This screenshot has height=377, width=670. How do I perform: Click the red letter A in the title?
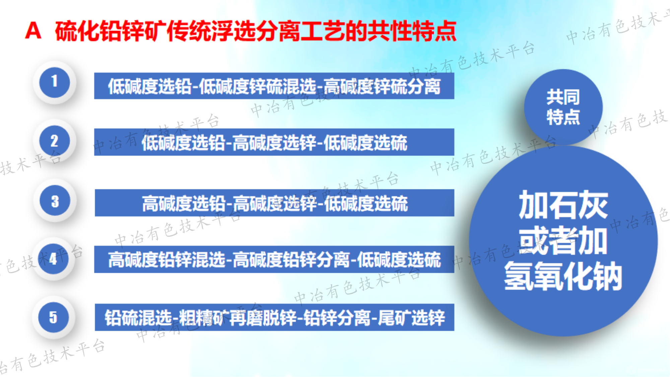tap(33, 30)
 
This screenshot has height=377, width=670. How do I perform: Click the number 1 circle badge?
tap(54, 82)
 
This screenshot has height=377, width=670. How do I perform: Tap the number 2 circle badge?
tap(54, 141)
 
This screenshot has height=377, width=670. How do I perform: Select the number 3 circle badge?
tap(55, 201)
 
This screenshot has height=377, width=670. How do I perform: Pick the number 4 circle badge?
tap(54, 259)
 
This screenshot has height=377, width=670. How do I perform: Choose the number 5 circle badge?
tap(54, 317)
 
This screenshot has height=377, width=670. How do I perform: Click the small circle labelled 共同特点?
tap(563, 107)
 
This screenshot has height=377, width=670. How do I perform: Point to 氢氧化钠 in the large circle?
tap(563, 276)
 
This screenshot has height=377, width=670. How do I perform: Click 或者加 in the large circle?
tap(563, 241)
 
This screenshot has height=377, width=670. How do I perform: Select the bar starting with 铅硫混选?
tap(274, 317)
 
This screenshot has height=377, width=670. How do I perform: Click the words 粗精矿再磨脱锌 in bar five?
tap(238, 318)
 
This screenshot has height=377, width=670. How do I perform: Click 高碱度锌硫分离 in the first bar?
tap(382, 86)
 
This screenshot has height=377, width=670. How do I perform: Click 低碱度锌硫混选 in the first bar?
tap(257, 86)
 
